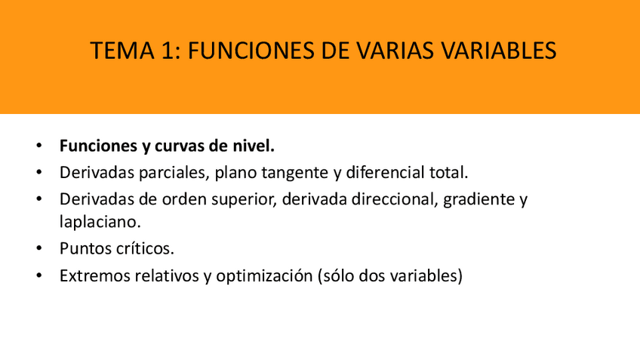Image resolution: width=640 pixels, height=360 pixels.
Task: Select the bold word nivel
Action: [255, 146]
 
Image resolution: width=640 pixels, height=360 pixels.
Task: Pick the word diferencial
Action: [386, 172]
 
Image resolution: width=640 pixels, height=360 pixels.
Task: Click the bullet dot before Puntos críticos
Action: [38, 248]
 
